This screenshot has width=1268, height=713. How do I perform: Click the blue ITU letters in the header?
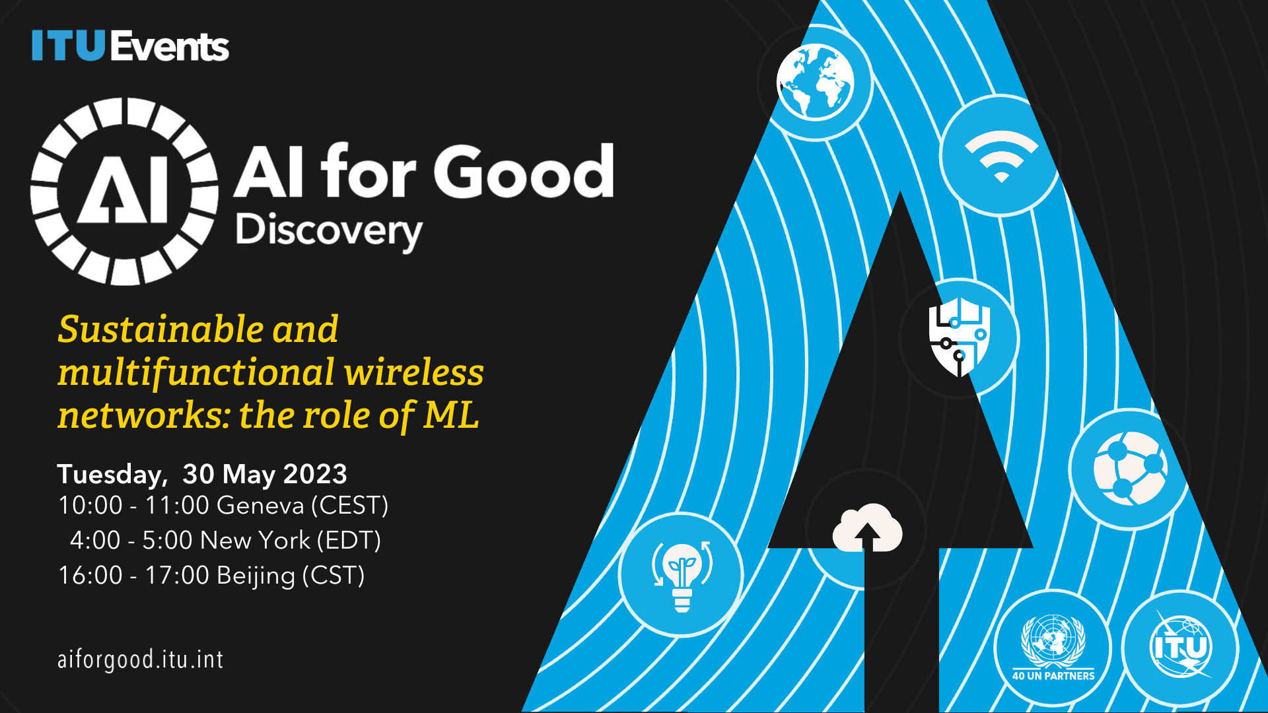point(69,46)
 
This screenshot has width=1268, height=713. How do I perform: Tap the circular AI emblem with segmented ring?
point(124,191)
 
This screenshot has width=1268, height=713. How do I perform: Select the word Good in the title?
point(524,172)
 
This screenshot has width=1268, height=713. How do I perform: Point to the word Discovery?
point(329,231)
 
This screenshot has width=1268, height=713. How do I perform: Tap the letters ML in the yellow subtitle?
point(451,415)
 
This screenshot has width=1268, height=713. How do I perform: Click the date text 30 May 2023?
point(265,474)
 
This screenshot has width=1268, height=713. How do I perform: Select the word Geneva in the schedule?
point(260,505)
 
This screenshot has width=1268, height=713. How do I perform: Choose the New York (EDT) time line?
point(225,540)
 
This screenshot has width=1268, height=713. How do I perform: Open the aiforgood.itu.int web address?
point(141,660)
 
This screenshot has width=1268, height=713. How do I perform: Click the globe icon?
point(815,83)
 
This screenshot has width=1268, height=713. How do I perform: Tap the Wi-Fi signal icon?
point(1001,156)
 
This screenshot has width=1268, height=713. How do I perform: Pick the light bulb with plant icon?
point(682,574)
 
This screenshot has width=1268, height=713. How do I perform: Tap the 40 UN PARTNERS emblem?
point(1053,648)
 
